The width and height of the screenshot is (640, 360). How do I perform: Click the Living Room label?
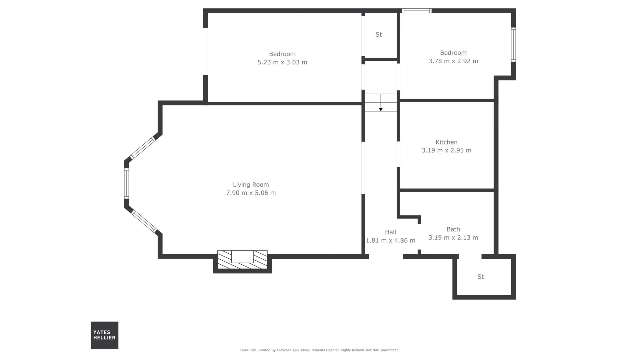[251, 185]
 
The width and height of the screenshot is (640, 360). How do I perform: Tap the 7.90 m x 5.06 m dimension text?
[251, 193]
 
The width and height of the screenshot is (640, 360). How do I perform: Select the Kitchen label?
[446, 142]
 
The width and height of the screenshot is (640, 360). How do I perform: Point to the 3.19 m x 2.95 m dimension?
[446, 150]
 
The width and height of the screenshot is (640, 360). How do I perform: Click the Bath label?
[453, 229]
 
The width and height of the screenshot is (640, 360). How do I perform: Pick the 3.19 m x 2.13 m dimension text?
[453, 238]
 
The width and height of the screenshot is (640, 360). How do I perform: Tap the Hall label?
[390, 232]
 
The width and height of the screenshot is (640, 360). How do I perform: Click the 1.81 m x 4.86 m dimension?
[390, 240]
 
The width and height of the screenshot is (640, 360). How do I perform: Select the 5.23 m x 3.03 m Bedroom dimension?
[282, 62]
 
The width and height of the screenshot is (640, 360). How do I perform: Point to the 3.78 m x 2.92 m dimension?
[453, 61]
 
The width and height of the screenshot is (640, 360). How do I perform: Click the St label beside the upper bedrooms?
[379, 35]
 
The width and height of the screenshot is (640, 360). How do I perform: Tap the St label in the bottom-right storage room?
[480, 277]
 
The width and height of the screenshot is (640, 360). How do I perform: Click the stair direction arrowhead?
[381, 109]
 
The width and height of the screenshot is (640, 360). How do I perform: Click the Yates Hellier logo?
[104, 335]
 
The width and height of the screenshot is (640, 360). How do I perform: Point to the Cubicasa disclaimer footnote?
[320, 350]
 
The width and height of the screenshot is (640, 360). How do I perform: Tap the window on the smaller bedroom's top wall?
[417, 11]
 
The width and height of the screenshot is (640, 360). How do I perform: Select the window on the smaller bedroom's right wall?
[513, 45]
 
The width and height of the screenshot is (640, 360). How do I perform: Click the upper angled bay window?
[143, 148]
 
